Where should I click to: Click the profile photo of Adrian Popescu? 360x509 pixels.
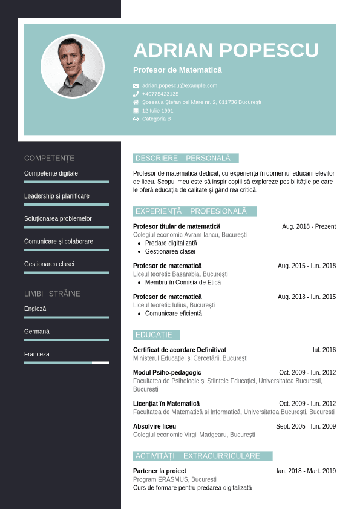(73, 67)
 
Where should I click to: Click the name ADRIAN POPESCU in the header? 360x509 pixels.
(226, 50)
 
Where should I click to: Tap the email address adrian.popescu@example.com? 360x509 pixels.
(180, 85)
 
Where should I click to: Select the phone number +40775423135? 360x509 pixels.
(160, 94)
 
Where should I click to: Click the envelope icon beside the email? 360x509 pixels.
(136, 86)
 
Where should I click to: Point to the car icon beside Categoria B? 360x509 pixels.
(136, 119)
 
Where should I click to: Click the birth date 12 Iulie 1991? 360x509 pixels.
(158, 111)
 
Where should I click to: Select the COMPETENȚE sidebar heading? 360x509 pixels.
(50, 158)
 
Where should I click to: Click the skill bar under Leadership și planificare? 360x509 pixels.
(67, 205)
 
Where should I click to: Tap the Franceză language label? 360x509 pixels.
(37, 354)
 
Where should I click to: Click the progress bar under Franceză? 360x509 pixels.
(67, 363)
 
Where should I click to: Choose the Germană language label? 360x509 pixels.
(37, 332)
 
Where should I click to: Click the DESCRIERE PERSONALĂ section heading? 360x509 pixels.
(186, 159)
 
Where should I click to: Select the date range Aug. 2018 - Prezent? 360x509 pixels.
(309, 226)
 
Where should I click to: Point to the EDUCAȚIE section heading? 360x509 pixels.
(156, 335)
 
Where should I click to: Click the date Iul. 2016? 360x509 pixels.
(324, 350)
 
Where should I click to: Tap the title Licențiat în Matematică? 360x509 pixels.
(166, 403)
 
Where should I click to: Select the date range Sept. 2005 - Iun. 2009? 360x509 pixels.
(306, 426)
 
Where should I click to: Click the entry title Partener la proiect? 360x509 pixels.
(160, 471)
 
